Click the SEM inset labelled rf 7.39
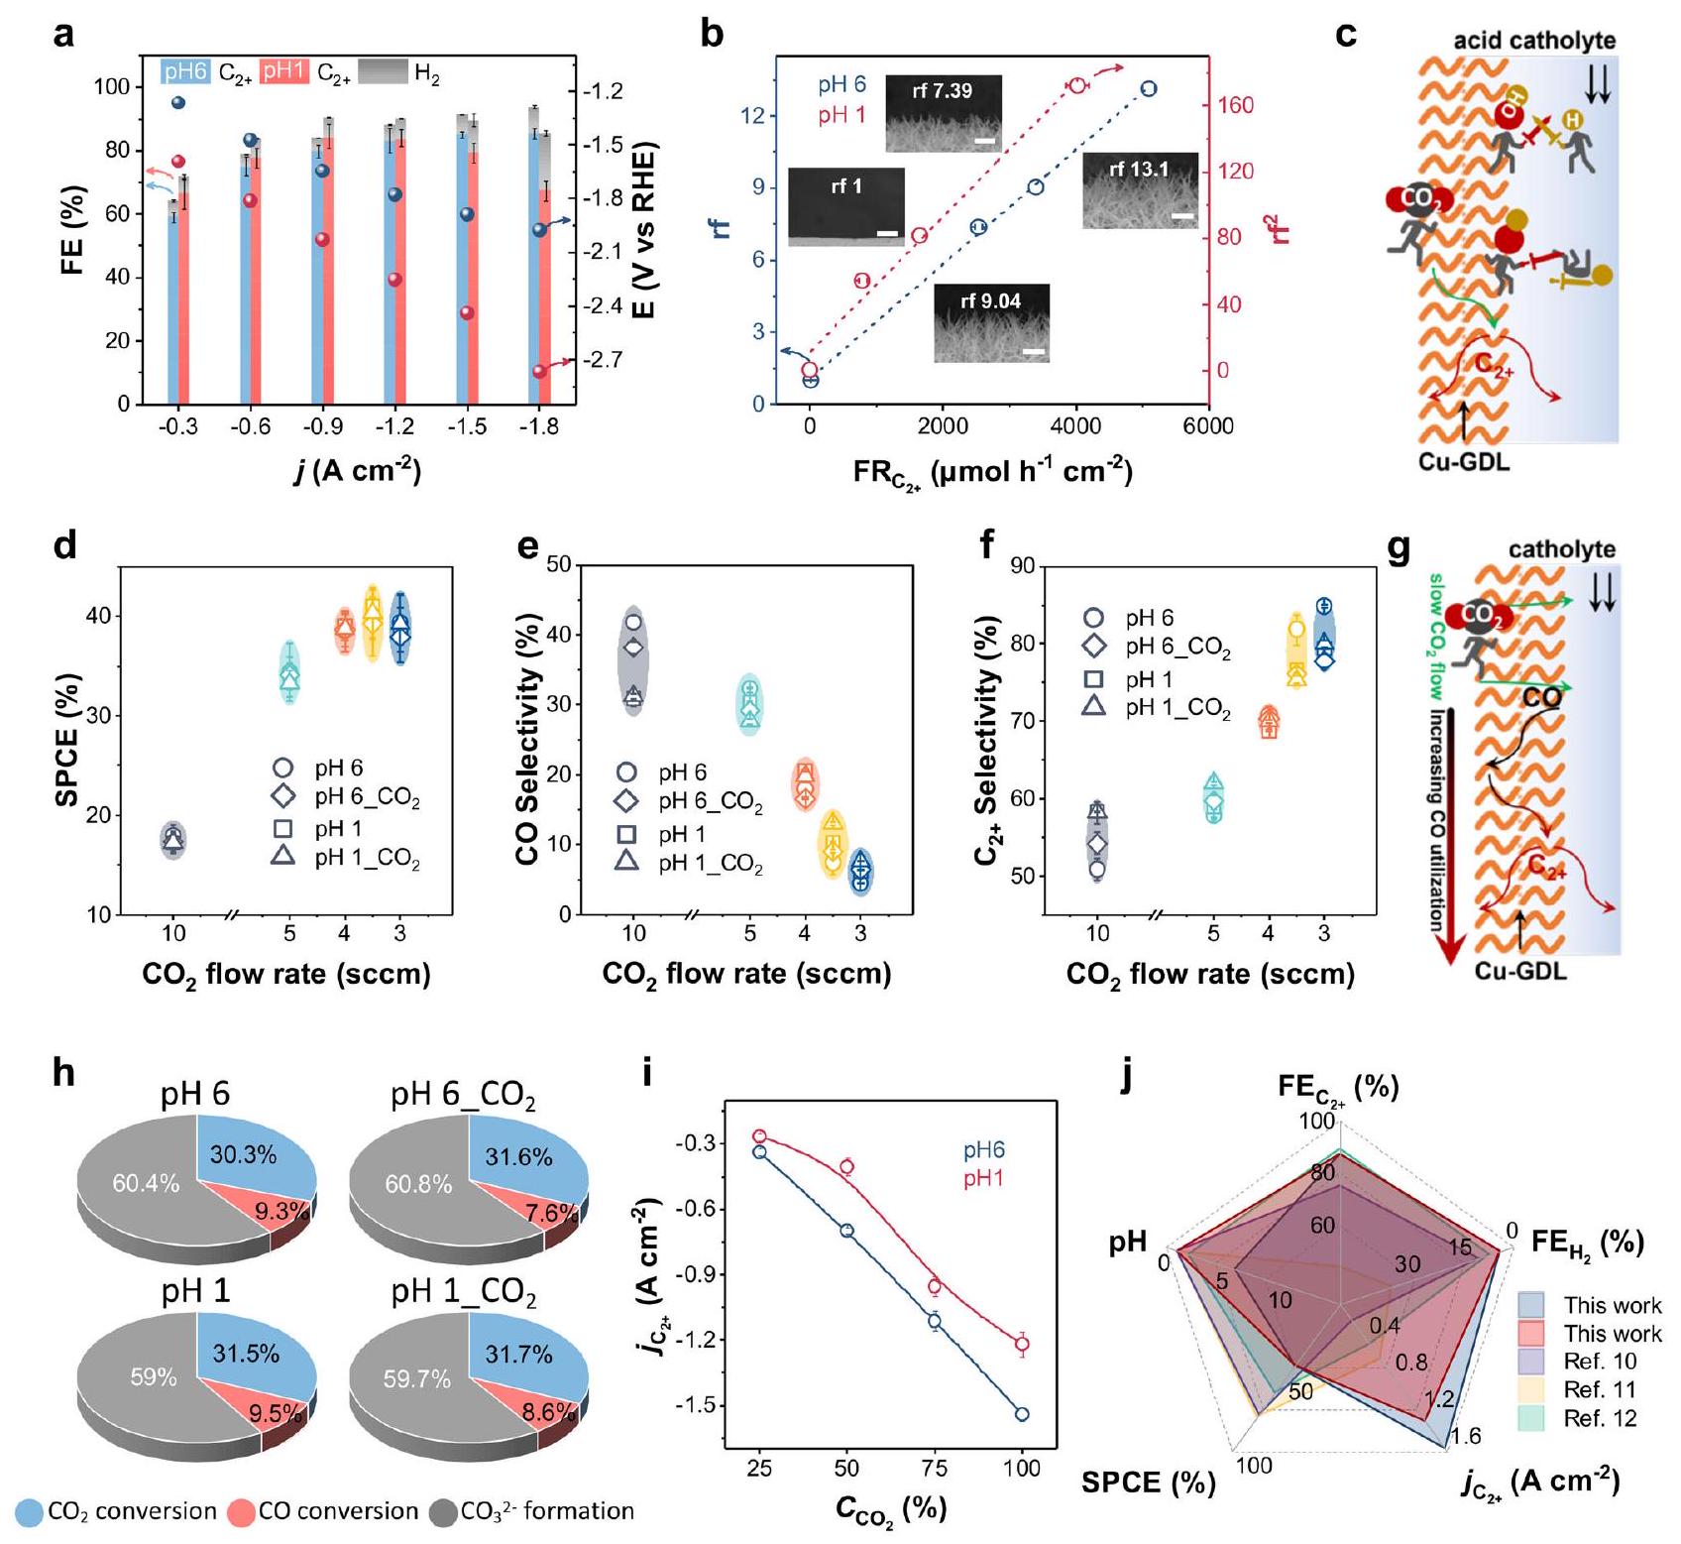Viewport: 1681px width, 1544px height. (x=943, y=112)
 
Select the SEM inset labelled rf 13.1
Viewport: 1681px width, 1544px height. (x=1140, y=190)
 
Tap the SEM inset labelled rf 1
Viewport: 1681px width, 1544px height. (x=846, y=206)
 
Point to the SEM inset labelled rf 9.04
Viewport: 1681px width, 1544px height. (x=991, y=322)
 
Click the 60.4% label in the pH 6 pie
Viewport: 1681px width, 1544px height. (x=146, y=1183)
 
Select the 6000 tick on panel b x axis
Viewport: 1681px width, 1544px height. (x=1208, y=427)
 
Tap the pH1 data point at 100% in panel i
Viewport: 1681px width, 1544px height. (x=1022, y=1345)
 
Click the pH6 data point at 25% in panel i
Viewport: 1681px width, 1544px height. (x=759, y=1152)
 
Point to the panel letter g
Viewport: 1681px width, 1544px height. (x=1398, y=548)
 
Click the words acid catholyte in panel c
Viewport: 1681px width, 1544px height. (x=1534, y=42)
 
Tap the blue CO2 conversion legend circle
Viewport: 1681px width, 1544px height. (x=30, y=1512)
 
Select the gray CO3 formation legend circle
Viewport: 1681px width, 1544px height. (x=443, y=1512)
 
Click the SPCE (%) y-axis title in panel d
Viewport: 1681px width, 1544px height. (x=67, y=740)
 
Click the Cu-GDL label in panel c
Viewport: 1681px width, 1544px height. (x=1464, y=461)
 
